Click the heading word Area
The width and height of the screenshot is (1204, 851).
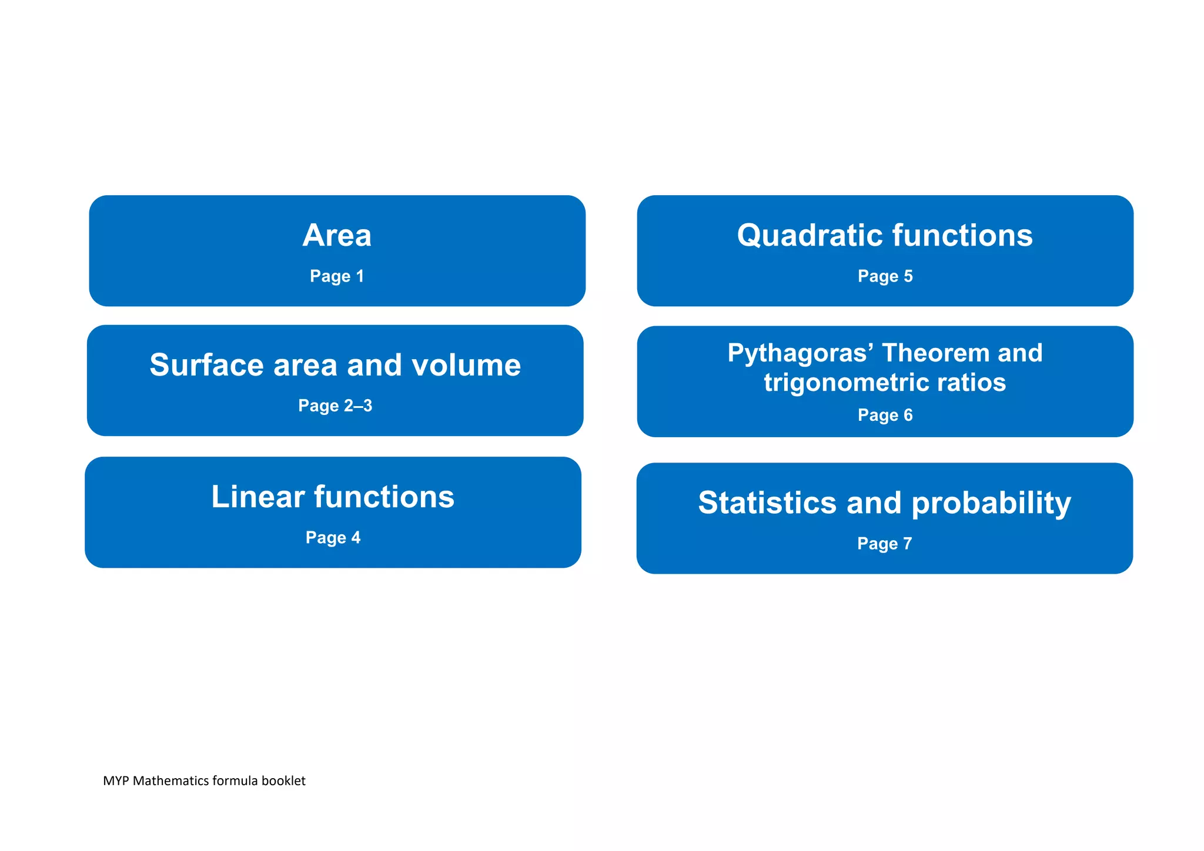(x=337, y=236)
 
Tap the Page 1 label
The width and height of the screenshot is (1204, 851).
(x=337, y=276)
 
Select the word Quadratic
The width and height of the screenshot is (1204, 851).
(x=810, y=236)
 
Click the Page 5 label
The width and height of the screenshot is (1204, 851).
(x=885, y=276)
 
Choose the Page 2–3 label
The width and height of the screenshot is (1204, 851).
(x=335, y=406)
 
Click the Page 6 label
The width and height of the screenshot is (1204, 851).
(x=885, y=415)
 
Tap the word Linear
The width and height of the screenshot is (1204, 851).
(x=257, y=497)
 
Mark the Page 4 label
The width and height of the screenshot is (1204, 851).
(x=333, y=538)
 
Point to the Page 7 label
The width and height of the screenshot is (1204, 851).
(x=884, y=544)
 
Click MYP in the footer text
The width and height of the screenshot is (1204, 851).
(x=116, y=781)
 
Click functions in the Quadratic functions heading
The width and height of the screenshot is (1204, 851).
(x=962, y=236)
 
